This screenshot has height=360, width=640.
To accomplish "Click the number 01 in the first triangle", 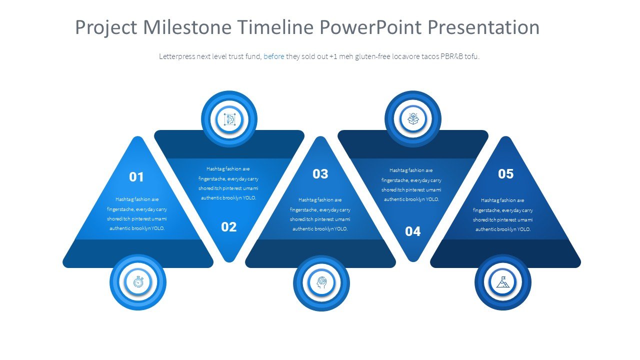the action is pyautogui.click(x=136, y=177).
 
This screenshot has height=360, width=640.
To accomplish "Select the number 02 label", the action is pyautogui.click(x=229, y=227).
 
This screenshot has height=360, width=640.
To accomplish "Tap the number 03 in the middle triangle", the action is pyautogui.click(x=320, y=173).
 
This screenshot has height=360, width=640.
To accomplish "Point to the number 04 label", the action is pyautogui.click(x=413, y=231).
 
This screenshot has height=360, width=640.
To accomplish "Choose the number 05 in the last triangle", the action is pyautogui.click(x=505, y=173).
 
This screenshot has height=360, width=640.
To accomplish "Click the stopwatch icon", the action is pyautogui.click(x=138, y=282).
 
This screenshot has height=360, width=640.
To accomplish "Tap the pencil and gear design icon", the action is pyautogui.click(x=229, y=119).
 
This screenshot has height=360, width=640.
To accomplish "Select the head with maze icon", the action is pyautogui.click(x=321, y=282).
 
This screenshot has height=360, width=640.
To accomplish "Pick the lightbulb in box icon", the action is pyautogui.click(x=413, y=119).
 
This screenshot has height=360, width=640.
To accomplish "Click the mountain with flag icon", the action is pyautogui.click(x=503, y=281).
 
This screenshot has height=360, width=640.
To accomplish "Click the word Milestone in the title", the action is pyautogui.click(x=187, y=27).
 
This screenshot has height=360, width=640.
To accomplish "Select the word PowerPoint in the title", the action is pyautogui.click(x=370, y=27).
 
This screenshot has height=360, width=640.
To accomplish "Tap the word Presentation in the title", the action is pyautogui.click(x=483, y=27).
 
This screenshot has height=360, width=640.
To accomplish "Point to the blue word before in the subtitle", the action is pyautogui.click(x=273, y=56).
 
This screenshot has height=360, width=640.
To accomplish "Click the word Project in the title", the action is pyautogui.click(x=106, y=28).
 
